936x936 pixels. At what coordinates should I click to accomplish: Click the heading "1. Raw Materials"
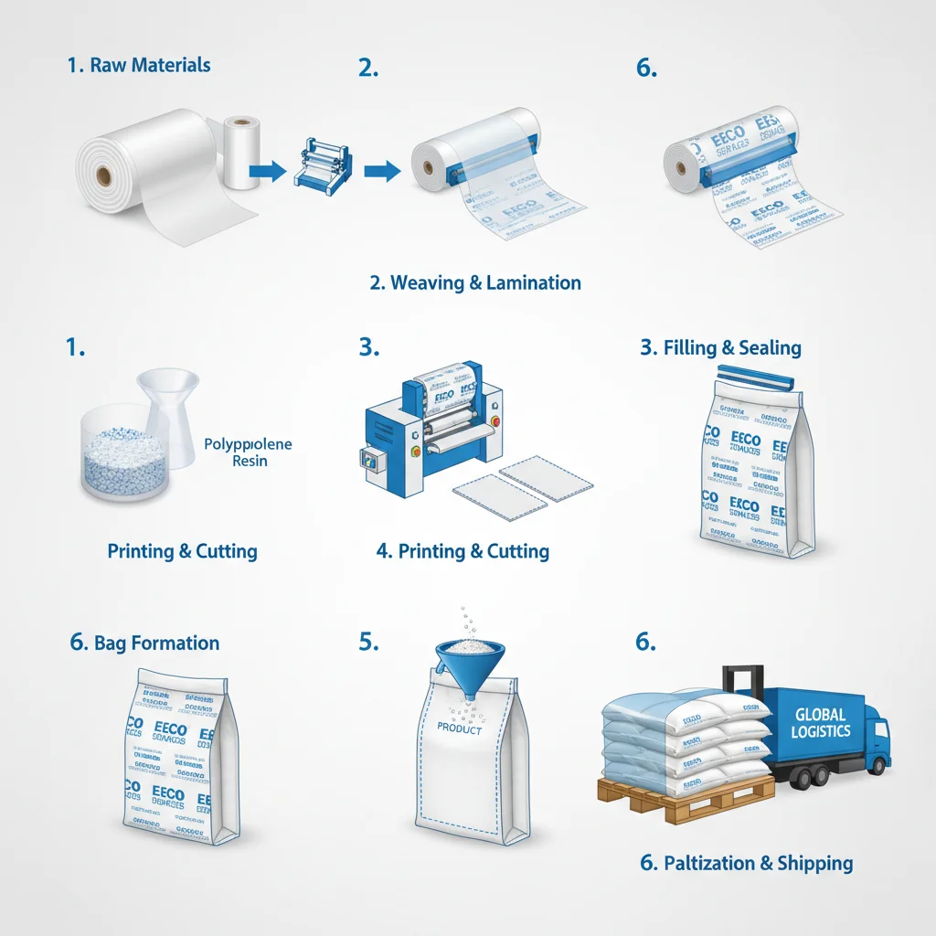tap(139, 66)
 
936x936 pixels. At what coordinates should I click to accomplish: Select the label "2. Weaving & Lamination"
tap(475, 282)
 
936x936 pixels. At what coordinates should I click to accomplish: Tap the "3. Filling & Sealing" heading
tap(720, 348)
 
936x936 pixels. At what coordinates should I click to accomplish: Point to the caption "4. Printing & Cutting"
tap(463, 551)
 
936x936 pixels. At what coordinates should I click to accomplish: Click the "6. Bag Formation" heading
tap(144, 643)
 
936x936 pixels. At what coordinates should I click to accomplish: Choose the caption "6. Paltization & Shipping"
tap(746, 863)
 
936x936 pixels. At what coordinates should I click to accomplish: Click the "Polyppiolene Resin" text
tap(249, 452)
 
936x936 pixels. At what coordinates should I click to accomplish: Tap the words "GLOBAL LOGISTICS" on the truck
tap(821, 723)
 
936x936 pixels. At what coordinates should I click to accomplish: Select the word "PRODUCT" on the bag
tap(460, 728)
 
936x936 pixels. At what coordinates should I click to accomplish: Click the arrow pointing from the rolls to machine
tap(267, 170)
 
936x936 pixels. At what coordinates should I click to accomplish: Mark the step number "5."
tap(368, 643)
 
